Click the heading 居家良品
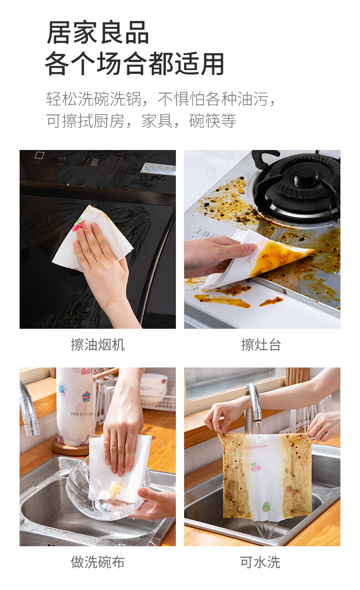click(x=98, y=32)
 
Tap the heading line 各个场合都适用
click(x=134, y=63)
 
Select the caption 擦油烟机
click(x=98, y=345)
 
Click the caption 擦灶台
click(x=261, y=345)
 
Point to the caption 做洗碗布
click(x=98, y=562)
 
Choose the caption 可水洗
click(x=260, y=562)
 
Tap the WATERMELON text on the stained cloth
click(x=254, y=447)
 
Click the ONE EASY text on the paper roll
click(x=82, y=414)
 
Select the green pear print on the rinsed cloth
click(x=266, y=507)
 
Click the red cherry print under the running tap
click(x=255, y=467)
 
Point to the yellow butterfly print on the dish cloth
click(x=116, y=490)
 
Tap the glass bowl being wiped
click(x=105, y=495)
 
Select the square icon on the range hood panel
click(x=40, y=155)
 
